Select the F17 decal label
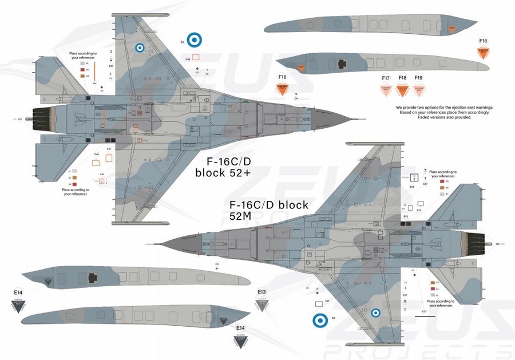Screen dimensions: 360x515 (386, 78)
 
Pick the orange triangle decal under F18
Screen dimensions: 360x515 (403, 90)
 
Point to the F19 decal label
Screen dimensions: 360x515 (418, 78)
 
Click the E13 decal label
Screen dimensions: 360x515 (262, 292)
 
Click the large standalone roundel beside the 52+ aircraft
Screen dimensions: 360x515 (195, 39)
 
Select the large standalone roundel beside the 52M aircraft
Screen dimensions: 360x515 (321, 322)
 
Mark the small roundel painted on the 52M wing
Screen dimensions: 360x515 (375, 312)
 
